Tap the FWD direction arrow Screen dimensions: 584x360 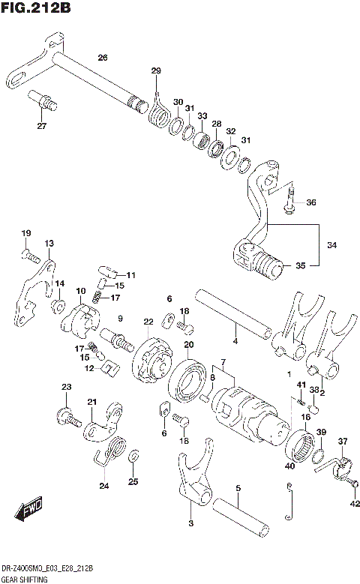pyautogui.click(x=29, y=512)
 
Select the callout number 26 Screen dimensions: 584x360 pyautogui.click(x=103, y=58)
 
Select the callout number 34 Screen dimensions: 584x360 pyautogui.click(x=331, y=244)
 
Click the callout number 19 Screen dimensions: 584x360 pyautogui.click(x=25, y=233)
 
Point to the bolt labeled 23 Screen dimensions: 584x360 pyautogui.click(x=66, y=414)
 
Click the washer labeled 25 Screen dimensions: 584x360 pyautogui.click(x=133, y=456)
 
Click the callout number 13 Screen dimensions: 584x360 pyautogui.click(x=49, y=244)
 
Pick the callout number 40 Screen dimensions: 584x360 pyautogui.click(x=290, y=466)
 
